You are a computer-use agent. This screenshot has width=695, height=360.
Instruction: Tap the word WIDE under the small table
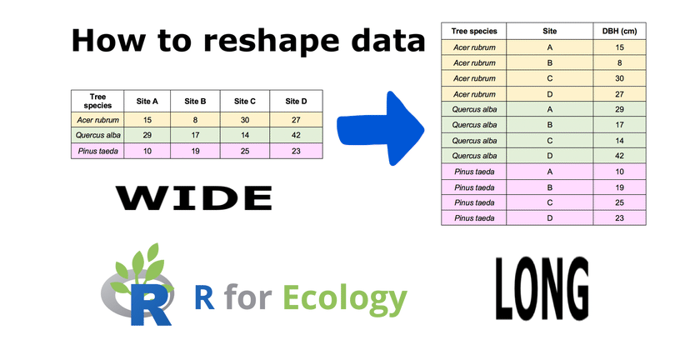tap(193, 198)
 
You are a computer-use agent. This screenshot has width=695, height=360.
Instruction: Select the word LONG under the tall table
tap(542, 288)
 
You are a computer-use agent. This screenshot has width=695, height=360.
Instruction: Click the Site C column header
tap(245, 102)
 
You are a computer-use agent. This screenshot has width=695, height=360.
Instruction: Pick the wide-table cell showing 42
tap(296, 135)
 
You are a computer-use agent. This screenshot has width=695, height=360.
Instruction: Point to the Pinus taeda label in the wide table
tap(98, 151)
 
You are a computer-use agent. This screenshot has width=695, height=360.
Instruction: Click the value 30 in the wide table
tap(245, 120)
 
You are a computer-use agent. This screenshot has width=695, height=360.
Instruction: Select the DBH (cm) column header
tap(620, 31)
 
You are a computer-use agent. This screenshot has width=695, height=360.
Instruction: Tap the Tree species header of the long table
tap(474, 31)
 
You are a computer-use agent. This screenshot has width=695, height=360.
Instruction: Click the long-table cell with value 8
tap(620, 63)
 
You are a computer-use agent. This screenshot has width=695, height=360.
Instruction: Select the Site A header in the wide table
tap(147, 102)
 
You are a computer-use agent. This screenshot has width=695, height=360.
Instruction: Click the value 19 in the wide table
tap(196, 151)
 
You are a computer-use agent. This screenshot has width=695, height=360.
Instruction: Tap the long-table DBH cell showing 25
tap(620, 202)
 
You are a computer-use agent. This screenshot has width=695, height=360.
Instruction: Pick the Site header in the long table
tap(550, 31)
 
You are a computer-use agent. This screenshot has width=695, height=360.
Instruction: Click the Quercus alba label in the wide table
tap(98, 135)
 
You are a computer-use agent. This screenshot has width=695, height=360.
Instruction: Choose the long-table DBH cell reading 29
tap(620, 109)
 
